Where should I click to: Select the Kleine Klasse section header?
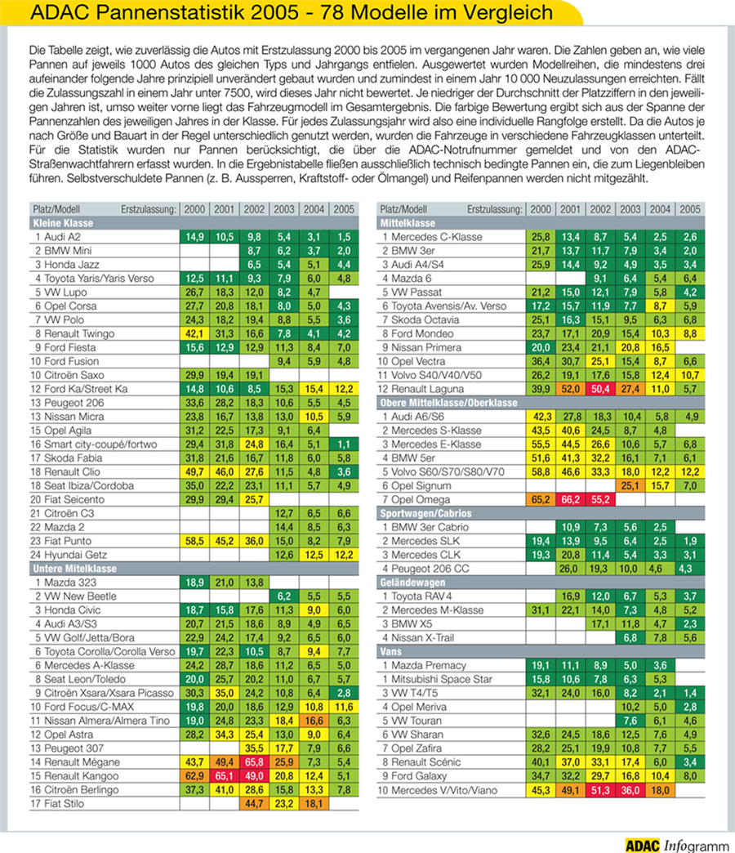64,222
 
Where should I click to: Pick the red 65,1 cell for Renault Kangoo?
225,775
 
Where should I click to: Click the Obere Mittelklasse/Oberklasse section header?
448,403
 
